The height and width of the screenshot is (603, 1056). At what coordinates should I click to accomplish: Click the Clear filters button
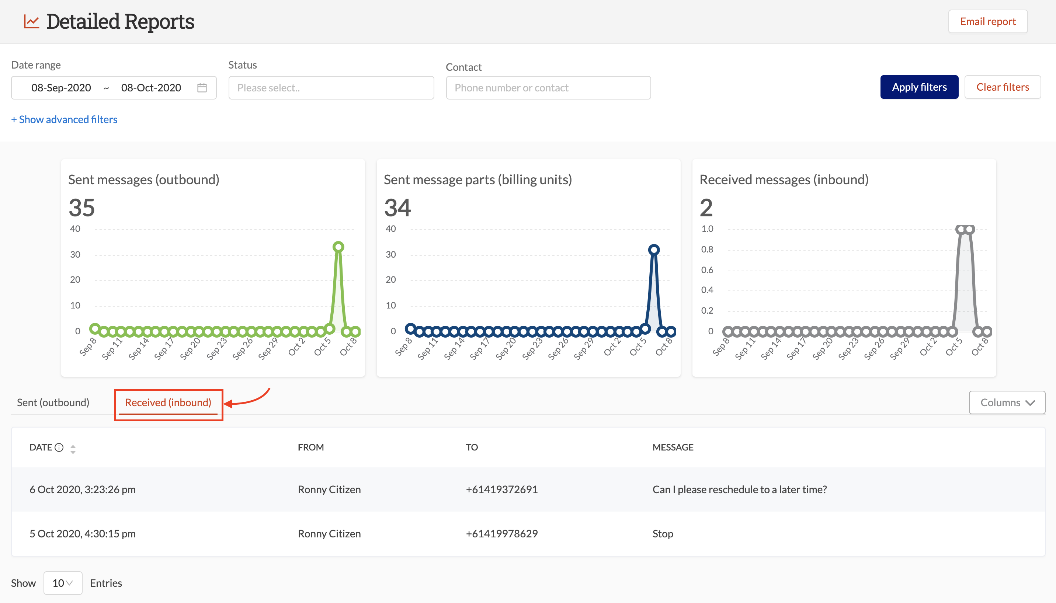[1002, 87]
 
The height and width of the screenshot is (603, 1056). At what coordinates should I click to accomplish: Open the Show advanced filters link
[64, 119]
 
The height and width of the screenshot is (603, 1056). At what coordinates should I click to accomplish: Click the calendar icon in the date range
[202, 88]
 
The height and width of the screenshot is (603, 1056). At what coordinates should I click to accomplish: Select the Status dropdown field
[331, 88]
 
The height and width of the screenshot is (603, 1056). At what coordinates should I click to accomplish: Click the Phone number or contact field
[548, 88]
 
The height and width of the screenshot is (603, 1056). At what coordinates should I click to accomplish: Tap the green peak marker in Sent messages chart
[338, 247]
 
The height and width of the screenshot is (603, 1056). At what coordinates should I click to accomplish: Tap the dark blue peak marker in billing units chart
[653, 250]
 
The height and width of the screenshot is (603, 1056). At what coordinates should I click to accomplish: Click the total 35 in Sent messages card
[81, 208]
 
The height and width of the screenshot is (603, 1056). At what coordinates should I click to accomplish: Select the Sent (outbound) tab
[53, 402]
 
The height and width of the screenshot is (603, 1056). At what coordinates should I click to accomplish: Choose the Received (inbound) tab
[168, 402]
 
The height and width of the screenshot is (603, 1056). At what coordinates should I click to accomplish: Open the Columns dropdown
[1007, 402]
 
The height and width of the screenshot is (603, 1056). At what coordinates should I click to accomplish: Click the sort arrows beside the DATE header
[73, 449]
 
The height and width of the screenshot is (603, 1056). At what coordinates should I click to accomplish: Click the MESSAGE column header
[673, 447]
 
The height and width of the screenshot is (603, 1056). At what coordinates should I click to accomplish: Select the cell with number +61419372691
[501, 489]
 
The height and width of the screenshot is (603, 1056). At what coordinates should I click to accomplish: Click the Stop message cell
[663, 533]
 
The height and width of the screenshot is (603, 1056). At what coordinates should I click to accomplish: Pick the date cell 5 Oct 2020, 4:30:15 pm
[83, 533]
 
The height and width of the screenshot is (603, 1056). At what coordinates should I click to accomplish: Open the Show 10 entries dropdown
[63, 583]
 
